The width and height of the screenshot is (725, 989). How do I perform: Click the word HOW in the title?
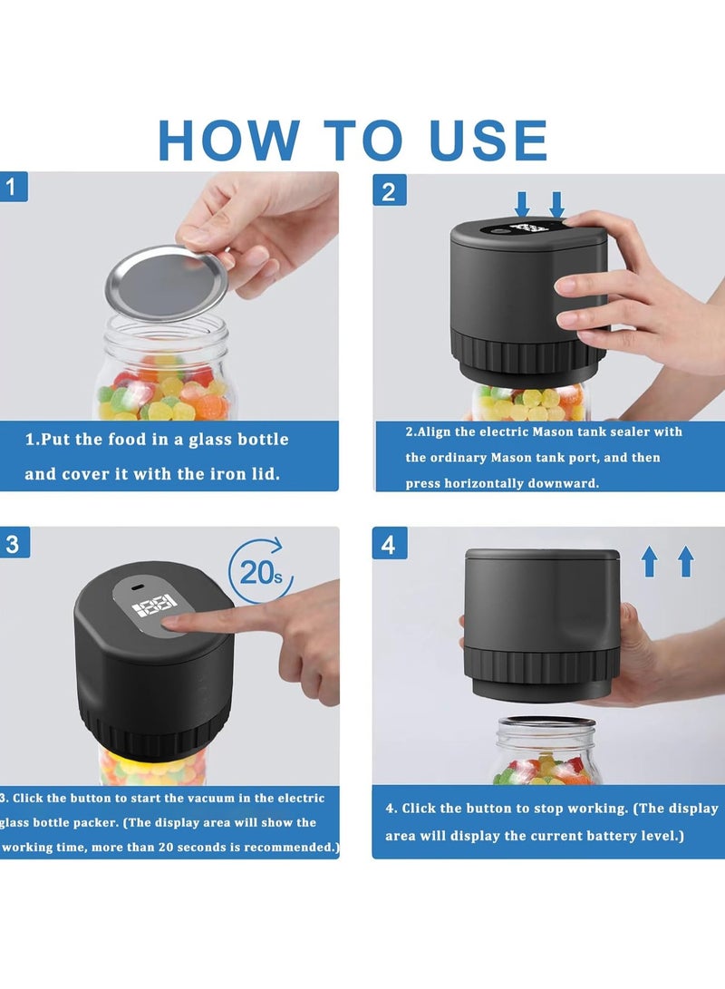[228, 140]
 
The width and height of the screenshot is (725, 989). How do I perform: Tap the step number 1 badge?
[13, 188]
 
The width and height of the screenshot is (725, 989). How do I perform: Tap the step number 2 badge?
[389, 191]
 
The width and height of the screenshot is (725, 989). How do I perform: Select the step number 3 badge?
[13, 544]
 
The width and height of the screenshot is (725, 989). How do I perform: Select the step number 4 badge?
[389, 545]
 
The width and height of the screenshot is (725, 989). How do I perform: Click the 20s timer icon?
[259, 572]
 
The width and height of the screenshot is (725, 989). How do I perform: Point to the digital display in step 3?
[155, 606]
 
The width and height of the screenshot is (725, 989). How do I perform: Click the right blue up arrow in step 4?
[685, 561]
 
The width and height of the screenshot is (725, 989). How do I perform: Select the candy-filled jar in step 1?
[164, 372]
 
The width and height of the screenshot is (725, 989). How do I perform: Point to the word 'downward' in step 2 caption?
[560, 483]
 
